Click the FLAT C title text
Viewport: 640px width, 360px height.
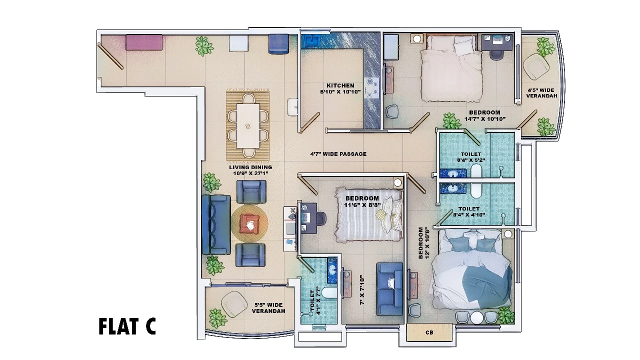tap(127, 326)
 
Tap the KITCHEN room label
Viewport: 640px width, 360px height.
tap(340, 85)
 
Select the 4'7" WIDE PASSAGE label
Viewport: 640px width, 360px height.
tap(338, 154)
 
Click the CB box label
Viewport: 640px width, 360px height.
tap(429, 332)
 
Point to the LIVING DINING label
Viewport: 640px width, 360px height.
tap(250, 167)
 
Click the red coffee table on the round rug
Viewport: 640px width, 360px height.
tap(249, 223)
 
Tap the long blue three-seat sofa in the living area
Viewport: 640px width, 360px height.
tap(216, 224)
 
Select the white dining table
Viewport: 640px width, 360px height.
tap(247, 125)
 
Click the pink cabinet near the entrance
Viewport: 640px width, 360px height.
tap(144, 42)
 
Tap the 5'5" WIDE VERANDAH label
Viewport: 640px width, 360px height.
tap(268, 308)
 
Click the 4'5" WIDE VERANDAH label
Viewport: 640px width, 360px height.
tap(541, 93)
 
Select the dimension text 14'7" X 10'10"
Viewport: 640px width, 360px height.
tap(485, 119)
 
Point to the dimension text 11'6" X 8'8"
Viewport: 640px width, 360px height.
tap(362, 205)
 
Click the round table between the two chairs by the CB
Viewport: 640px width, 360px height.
tap(476, 317)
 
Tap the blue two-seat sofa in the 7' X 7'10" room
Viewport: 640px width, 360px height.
tap(389, 289)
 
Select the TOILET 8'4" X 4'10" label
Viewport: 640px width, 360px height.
tap(469, 211)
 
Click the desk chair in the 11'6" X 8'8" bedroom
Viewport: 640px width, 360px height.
tap(321, 218)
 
